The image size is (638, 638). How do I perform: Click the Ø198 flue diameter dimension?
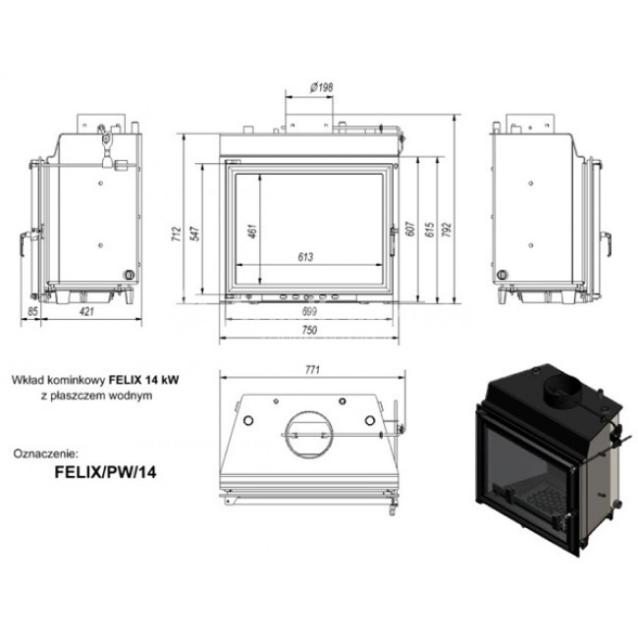321,86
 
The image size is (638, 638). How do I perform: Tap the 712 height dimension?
176,235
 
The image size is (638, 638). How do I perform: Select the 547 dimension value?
195,234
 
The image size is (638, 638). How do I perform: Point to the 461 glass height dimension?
252,231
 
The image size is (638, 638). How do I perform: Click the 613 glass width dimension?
305,257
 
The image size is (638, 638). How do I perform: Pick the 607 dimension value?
410,229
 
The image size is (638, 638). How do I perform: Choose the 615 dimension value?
429,230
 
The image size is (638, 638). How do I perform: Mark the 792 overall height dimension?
447,230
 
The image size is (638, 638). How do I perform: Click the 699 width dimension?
309,312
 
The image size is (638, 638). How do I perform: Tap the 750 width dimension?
309,330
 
